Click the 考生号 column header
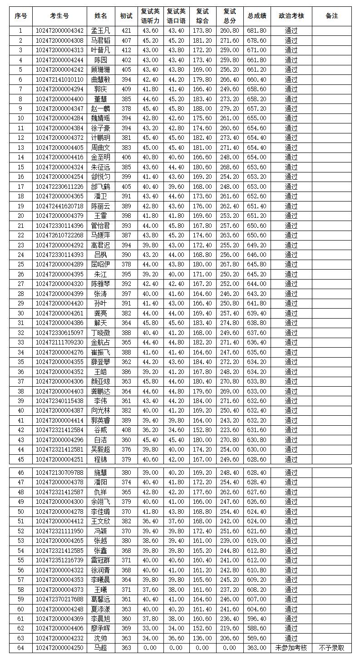pos(59,16)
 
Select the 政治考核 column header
pos(291,16)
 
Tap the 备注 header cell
pos(332,16)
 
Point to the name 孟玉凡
pos(101,31)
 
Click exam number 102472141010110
pos(59,79)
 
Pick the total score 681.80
pos(257,31)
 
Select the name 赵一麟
pos(101,109)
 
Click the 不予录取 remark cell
pos(332,648)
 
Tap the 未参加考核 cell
pos(291,648)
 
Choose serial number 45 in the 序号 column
pos(21,459)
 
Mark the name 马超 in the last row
pos(101,648)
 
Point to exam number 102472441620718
pos(59,206)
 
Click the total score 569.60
pos(257,638)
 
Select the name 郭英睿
pos(101,420)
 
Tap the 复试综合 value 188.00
pos(202,109)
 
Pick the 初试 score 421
pos(126,31)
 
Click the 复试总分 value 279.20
pos(230,109)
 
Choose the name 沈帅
pos(101,638)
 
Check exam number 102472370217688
pos(59,599)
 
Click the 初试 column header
pos(126,16)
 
